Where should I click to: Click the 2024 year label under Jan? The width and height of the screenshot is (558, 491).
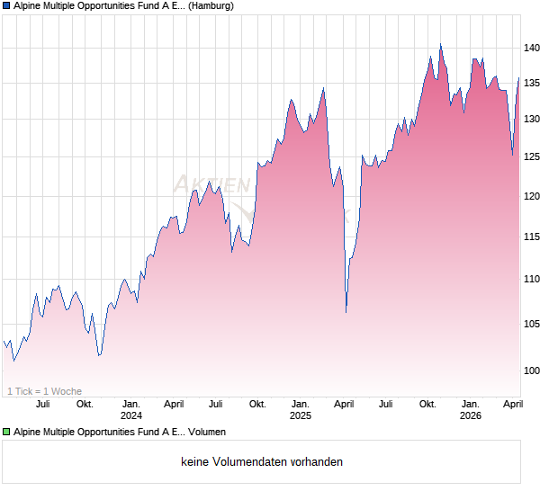tap(131, 415)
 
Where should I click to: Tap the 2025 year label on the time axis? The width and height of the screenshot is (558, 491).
tap(301, 415)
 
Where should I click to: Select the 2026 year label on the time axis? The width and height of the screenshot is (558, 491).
tap(470, 415)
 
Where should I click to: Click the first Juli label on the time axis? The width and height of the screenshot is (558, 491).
tap(42, 404)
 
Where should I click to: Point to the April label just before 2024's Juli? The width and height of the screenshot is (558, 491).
tap(174, 404)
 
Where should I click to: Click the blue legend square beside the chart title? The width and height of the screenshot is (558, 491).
tap(6, 6)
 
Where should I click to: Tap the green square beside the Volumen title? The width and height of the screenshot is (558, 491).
tap(6, 433)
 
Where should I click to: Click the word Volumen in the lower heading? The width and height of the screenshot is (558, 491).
tap(207, 433)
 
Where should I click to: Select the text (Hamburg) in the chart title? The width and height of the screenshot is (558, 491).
tap(212, 6)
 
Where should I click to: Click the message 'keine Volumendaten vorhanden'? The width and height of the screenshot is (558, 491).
tap(262, 462)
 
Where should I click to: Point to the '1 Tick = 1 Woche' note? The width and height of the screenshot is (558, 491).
tap(44, 391)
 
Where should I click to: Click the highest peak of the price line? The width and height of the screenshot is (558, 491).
tap(440, 44)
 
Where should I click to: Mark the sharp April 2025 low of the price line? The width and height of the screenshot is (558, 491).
tap(346, 312)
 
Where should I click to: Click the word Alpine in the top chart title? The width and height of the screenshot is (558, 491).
tap(31, 6)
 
